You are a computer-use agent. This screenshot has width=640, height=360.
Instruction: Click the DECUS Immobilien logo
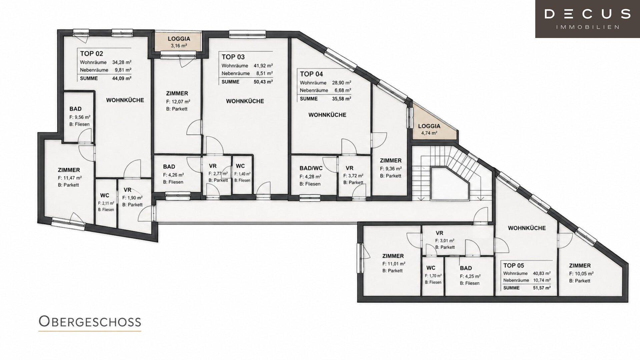587,19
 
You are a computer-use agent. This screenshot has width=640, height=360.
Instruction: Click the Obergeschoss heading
90,322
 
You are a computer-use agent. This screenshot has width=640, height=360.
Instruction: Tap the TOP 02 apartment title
91,53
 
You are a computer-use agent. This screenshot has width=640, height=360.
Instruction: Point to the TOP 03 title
233,57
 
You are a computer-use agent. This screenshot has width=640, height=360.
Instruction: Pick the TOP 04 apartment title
311,74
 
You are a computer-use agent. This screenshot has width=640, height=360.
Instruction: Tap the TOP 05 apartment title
514,266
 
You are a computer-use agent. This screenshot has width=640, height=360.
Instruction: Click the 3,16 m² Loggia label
179,46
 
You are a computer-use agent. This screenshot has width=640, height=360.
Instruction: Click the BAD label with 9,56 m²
75,109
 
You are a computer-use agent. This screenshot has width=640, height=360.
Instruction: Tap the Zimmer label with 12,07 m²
177,94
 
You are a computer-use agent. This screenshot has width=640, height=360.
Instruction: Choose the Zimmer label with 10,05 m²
580,266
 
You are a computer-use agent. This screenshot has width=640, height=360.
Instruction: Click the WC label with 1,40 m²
240,166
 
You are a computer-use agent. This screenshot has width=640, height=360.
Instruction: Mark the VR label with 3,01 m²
439,233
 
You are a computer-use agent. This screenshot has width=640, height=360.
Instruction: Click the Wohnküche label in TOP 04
327,115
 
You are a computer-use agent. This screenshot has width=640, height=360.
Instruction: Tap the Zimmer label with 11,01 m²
393,256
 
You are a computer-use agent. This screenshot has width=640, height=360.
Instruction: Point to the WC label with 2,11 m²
105,196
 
